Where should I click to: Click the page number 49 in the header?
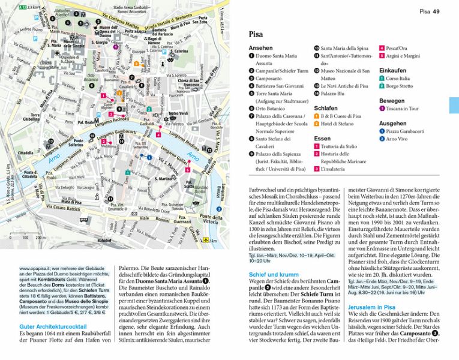pos(437,11)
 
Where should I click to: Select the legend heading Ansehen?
pos(260,48)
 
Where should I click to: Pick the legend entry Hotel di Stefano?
pos(340,124)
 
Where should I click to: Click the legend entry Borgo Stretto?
pos(400,86)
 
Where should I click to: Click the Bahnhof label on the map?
pos(104,240)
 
